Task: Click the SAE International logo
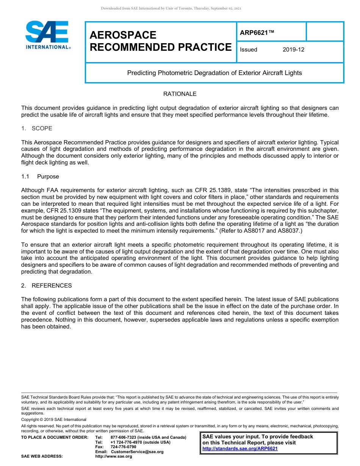[47, 35]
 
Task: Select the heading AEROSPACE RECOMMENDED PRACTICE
[160, 41]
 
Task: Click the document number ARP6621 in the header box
[257, 33]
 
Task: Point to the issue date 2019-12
[293, 50]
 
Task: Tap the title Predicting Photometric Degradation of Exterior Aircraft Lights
[214, 73]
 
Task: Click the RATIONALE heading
[180, 94]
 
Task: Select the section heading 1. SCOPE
[37, 128]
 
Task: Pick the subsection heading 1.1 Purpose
[40, 177]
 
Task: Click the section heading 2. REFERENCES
[47, 285]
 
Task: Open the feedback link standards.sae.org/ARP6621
[240, 449]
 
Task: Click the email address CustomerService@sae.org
[137, 452]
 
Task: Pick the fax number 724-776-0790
[123, 447]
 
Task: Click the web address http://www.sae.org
[114, 457]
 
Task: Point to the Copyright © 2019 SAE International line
[54, 419]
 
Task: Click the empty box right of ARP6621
[324, 31]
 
